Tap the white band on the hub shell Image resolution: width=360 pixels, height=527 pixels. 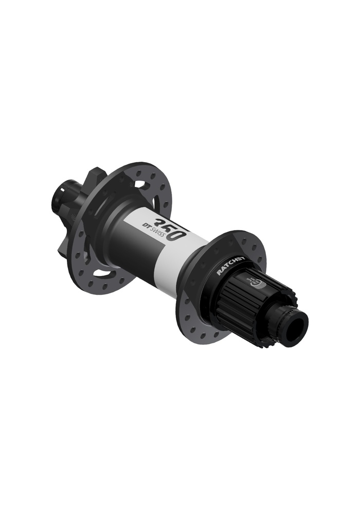(170, 257)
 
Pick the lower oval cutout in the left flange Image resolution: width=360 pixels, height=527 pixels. (103, 271)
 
